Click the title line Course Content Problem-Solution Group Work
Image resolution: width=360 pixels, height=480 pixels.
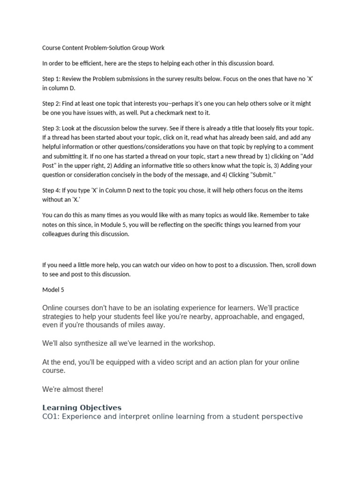pos(103,48)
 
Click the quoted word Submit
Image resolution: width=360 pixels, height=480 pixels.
pos(258,175)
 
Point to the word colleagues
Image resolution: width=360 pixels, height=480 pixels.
pos(58,234)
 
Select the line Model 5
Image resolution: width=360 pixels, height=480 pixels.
pos(53,290)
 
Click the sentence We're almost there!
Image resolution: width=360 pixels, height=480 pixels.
pos(73,389)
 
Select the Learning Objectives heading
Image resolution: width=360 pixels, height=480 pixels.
pos(82,407)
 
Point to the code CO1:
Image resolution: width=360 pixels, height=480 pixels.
pos(51,416)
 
